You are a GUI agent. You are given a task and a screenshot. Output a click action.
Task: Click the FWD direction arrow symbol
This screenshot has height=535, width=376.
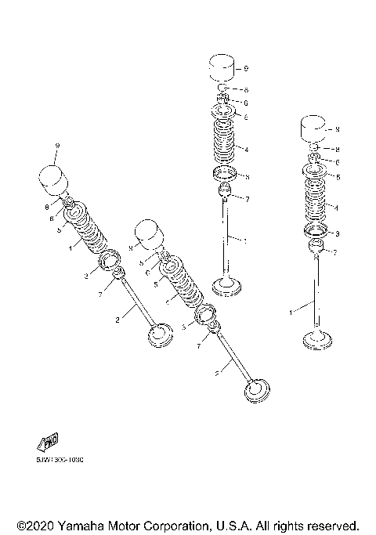tap(49, 441)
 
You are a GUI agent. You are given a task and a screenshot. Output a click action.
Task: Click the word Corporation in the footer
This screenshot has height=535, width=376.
tap(178, 524)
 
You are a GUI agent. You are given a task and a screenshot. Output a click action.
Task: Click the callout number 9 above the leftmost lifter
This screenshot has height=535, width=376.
tap(57, 147)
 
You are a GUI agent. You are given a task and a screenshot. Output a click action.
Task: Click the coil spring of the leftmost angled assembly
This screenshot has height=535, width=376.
tap(92, 234)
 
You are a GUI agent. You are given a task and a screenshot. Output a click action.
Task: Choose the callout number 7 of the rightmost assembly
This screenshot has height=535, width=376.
tap(335, 252)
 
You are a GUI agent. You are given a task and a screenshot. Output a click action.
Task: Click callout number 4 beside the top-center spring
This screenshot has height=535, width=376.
tap(246, 150)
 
